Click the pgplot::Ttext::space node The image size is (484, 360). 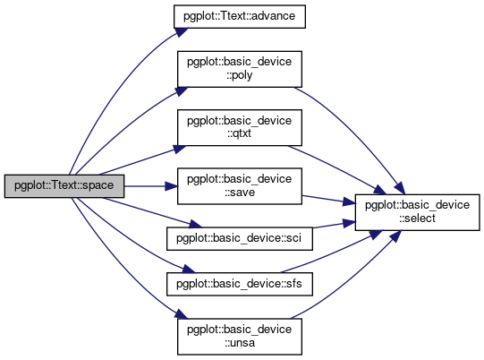[x=64, y=186]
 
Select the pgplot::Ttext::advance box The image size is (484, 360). [x=240, y=16]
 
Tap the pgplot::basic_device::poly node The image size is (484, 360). [x=240, y=69]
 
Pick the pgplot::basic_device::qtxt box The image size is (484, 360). [x=240, y=127]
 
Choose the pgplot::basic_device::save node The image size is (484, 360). [x=240, y=186]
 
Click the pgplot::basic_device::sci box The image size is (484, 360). [x=240, y=238]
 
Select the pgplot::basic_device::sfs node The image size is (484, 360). [x=240, y=284]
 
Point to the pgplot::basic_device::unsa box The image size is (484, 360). [x=240, y=337]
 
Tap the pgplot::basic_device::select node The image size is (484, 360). [x=417, y=212]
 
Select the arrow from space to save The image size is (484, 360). [x=151, y=186]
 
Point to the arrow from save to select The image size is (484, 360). [x=328, y=200]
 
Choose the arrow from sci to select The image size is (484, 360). [x=334, y=225]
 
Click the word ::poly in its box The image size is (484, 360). [x=240, y=75]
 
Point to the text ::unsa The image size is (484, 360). [x=240, y=343]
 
